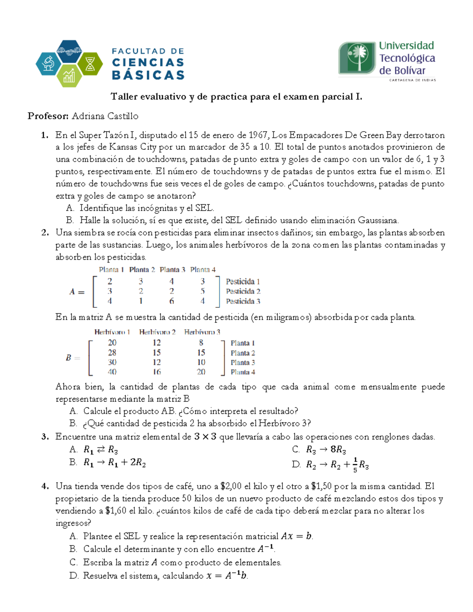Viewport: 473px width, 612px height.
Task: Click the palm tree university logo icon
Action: coord(358,58)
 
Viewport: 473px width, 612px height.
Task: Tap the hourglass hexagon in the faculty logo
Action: coord(90,64)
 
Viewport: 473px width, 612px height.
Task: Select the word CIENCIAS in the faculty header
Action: coord(148,63)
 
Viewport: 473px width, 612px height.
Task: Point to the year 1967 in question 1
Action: coord(258,135)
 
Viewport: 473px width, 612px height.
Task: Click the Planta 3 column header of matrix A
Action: coord(172,270)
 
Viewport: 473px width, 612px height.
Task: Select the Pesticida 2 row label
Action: coord(243,291)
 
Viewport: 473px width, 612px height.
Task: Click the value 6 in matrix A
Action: coord(171,301)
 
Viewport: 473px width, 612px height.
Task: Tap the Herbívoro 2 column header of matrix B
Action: coord(157,332)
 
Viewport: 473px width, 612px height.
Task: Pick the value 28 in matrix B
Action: coord(112,352)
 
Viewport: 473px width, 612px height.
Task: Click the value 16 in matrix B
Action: coord(156,372)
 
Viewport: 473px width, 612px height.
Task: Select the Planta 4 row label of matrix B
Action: coord(243,372)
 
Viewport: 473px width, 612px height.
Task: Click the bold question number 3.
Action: coord(45,437)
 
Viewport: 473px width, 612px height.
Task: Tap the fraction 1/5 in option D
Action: coord(355,465)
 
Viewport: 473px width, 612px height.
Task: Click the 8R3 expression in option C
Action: coord(338,450)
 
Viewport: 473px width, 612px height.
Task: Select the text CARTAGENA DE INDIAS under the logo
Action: coord(412,80)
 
